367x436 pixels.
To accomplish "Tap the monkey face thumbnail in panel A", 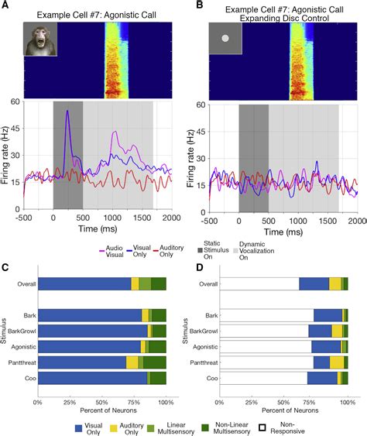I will tap(39, 39).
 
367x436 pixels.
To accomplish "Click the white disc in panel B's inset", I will tap(226, 37).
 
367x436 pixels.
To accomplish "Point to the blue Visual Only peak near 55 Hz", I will tap(67, 112).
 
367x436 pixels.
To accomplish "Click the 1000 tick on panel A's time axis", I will tap(113, 219).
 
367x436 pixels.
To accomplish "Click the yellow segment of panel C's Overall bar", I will tap(135, 284).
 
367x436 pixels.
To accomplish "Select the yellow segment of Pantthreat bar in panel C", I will tap(132, 362).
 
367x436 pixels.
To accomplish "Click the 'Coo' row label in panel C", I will tap(25, 378).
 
